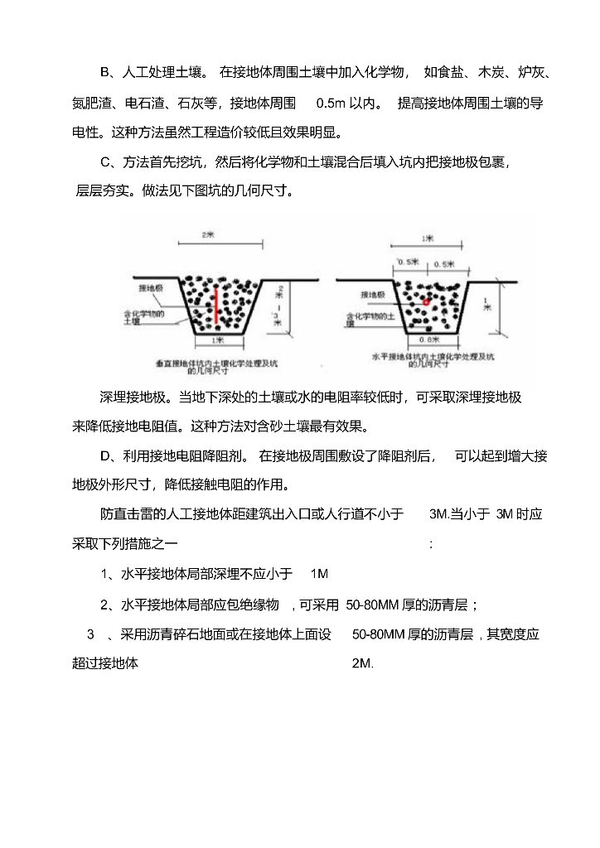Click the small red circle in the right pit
(x=426, y=302)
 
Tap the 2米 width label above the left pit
(x=208, y=235)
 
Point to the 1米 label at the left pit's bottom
(x=217, y=340)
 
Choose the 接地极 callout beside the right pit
(x=372, y=295)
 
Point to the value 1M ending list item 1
(x=320, y=573)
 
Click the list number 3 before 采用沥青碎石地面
(x=90, y=634)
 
